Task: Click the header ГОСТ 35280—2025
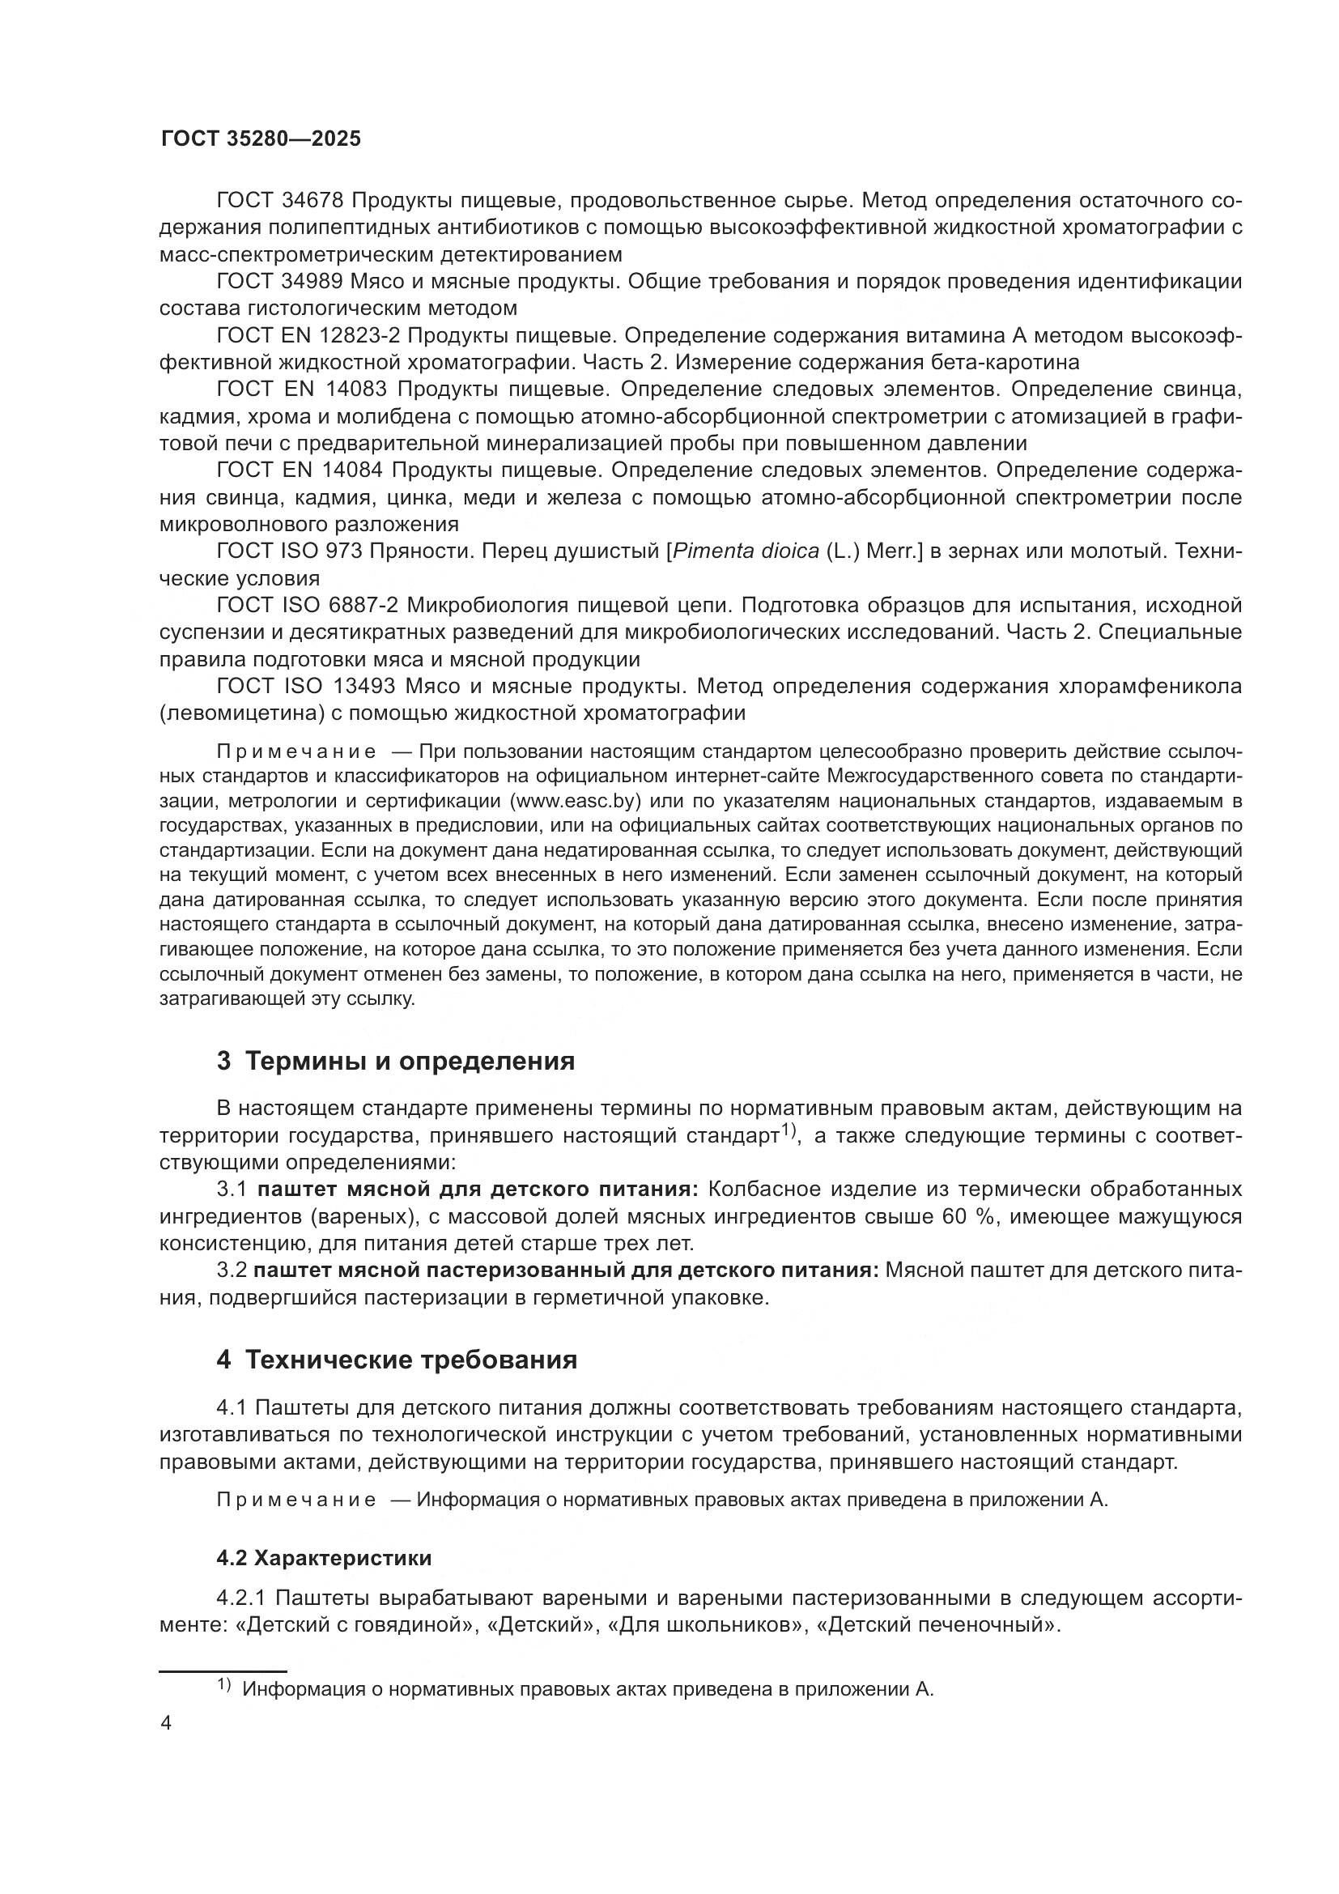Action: [x=261, y=138]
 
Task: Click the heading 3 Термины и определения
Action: [x=396, y=1061]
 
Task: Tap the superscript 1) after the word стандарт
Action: [x=788, y=1130]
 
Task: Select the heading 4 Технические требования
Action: [x=397, y=1360]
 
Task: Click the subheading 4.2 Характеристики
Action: [x=324, y=1558]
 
